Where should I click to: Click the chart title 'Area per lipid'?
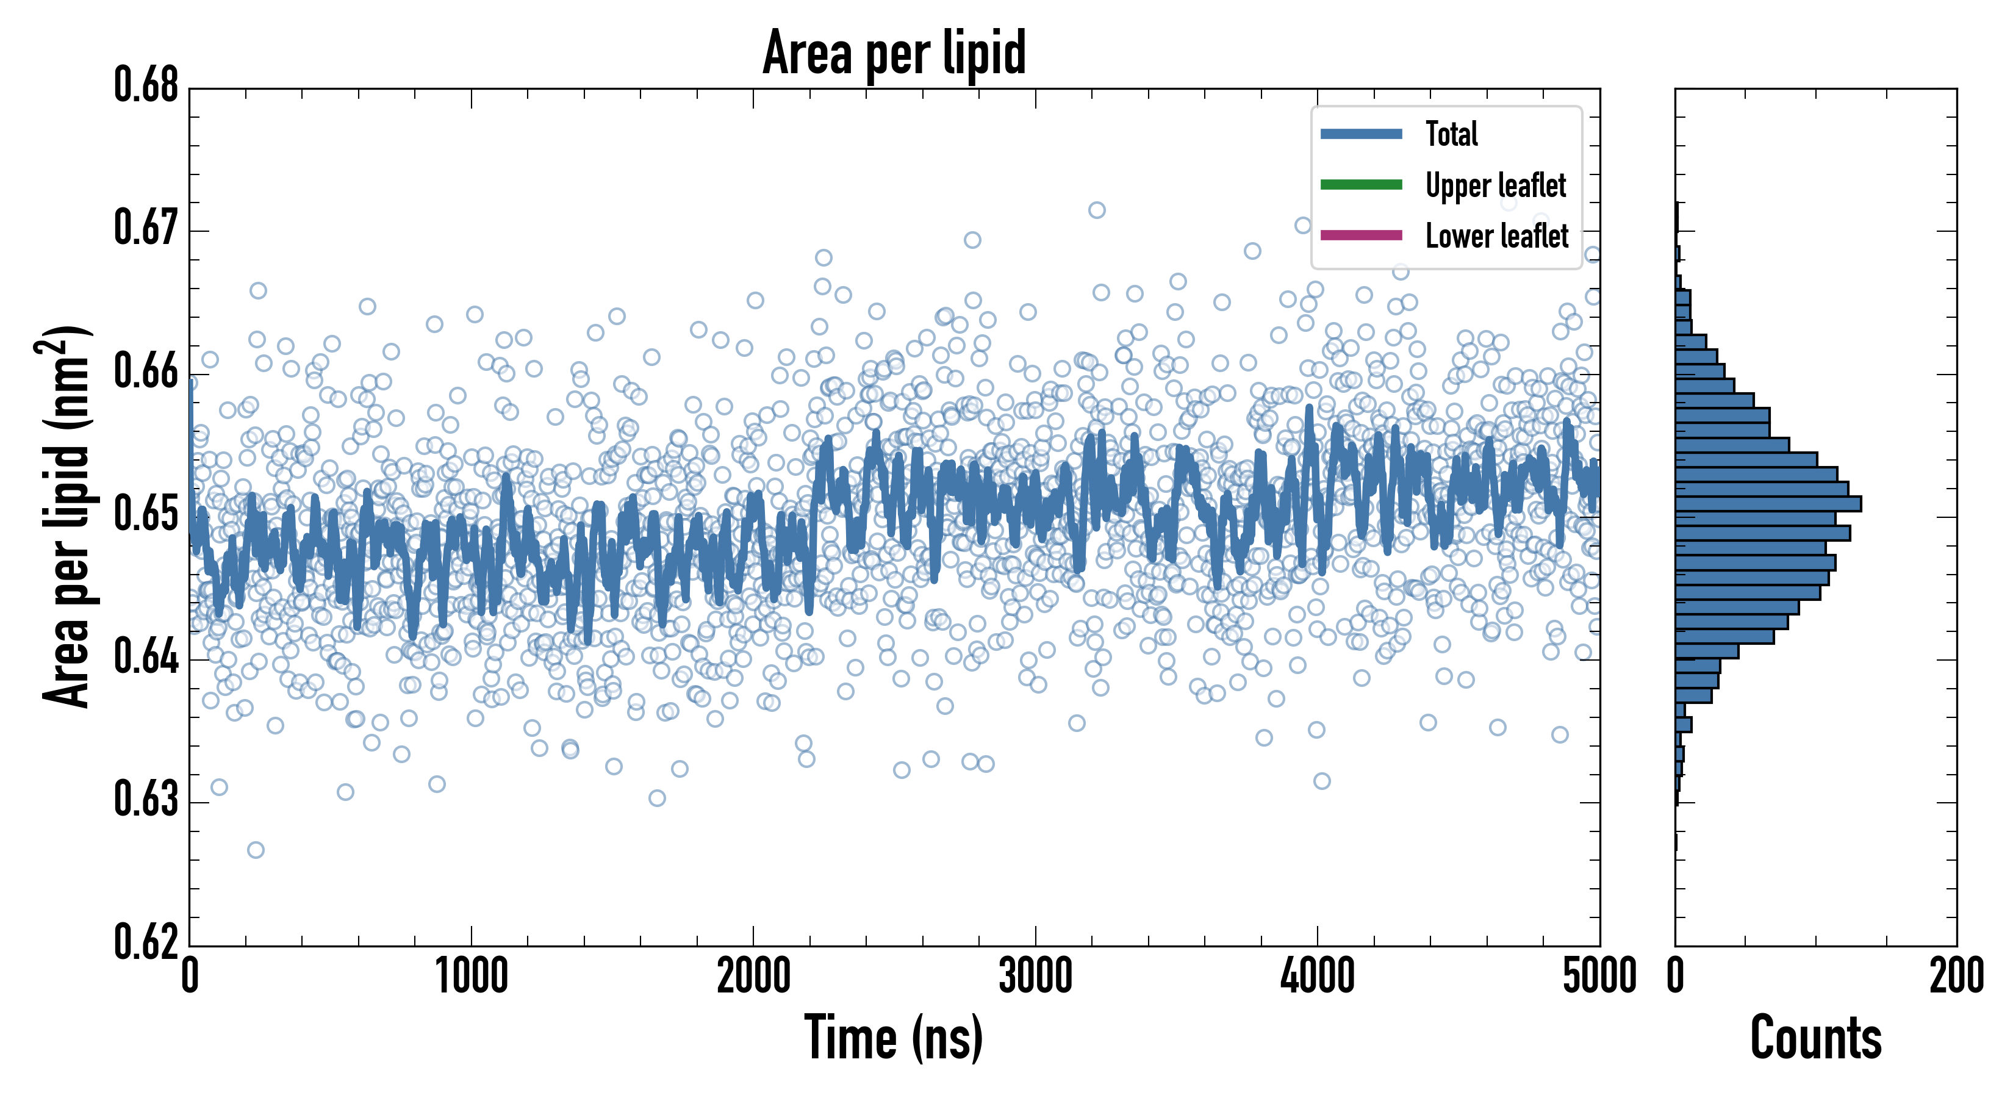pyautogui.click(x=894, y=52)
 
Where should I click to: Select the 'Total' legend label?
pyautogui.click(x=1451, y=134)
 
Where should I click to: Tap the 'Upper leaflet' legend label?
pyautogui.click(x=1496, y=185)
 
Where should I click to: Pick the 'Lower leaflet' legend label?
pyautogui.click(x=1496, y=236)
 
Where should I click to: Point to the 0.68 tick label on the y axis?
pyautogui.click(x=146, y=85)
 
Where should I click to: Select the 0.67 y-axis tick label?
pyautogui.click(x=146, y=228)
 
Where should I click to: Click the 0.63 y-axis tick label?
pyautogui.click(x=146, y=800)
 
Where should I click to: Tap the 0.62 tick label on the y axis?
pyautogui.click(x=146, y=942)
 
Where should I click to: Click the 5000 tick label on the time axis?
pyautogui.click(x=1599, y=977)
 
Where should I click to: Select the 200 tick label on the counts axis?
pyautogui.click(x=1956, y=977)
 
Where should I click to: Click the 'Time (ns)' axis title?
pyautogui.click(x=894, y=1038)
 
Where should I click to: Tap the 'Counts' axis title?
pyautogui.click(x=1815, y=1038)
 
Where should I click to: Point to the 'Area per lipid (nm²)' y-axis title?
pyautogui.click(x=66, y=517)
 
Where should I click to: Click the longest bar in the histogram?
pyautogui.click(x=1768, y=503)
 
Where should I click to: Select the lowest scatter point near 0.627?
pyautogui.click(x=256, y=850)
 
